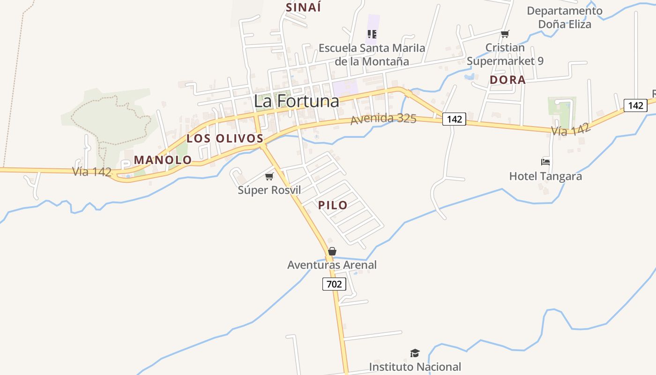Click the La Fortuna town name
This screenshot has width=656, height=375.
pyautogui.click(x=296, y=101)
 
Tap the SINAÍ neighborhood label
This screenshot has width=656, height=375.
pyautogui.click(x=304, y=7)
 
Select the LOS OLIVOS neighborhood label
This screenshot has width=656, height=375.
pyautogui.click(x=225, y=138)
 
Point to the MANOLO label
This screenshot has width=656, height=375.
pyautogui.click(x=163, y=160)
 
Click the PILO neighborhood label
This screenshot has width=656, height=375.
pyautogui.click(x=333, y=205)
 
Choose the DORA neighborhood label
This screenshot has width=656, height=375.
pyautogui.click(x=507, y=80)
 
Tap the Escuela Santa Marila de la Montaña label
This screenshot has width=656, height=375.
pyautogui.click(x=372, y=54)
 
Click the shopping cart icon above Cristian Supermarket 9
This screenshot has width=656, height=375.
pyautogui.click(x=505, y=34)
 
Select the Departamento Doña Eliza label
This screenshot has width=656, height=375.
pyautogui.click(x=564, y=17)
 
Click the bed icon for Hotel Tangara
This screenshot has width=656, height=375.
pyautogui.click(x=545, y=162)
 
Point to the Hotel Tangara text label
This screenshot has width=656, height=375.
pyautogui.click(x=545, y=176)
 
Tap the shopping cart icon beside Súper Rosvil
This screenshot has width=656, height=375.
pyautogui.click(x=269, y=176)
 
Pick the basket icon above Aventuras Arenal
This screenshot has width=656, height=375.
pyautogui.click(x=332, y=251)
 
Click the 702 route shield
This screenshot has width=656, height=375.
pyautogui.click(x=334, y=284)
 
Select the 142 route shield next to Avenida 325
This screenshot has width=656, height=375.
pyautogui.click(x=454, y=119)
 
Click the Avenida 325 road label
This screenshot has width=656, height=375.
pyautogui.click(x=383, y=119)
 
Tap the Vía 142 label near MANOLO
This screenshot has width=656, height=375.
pyautogui.click(x=92, y=172)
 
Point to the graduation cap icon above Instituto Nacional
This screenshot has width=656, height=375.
pyautogui.click(x=415, y=353)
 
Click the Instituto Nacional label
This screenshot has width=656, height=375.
pyautogui.click(x=415, y=367)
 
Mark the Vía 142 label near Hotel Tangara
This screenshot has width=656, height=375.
pyautogui.click(x=571, y=129)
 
